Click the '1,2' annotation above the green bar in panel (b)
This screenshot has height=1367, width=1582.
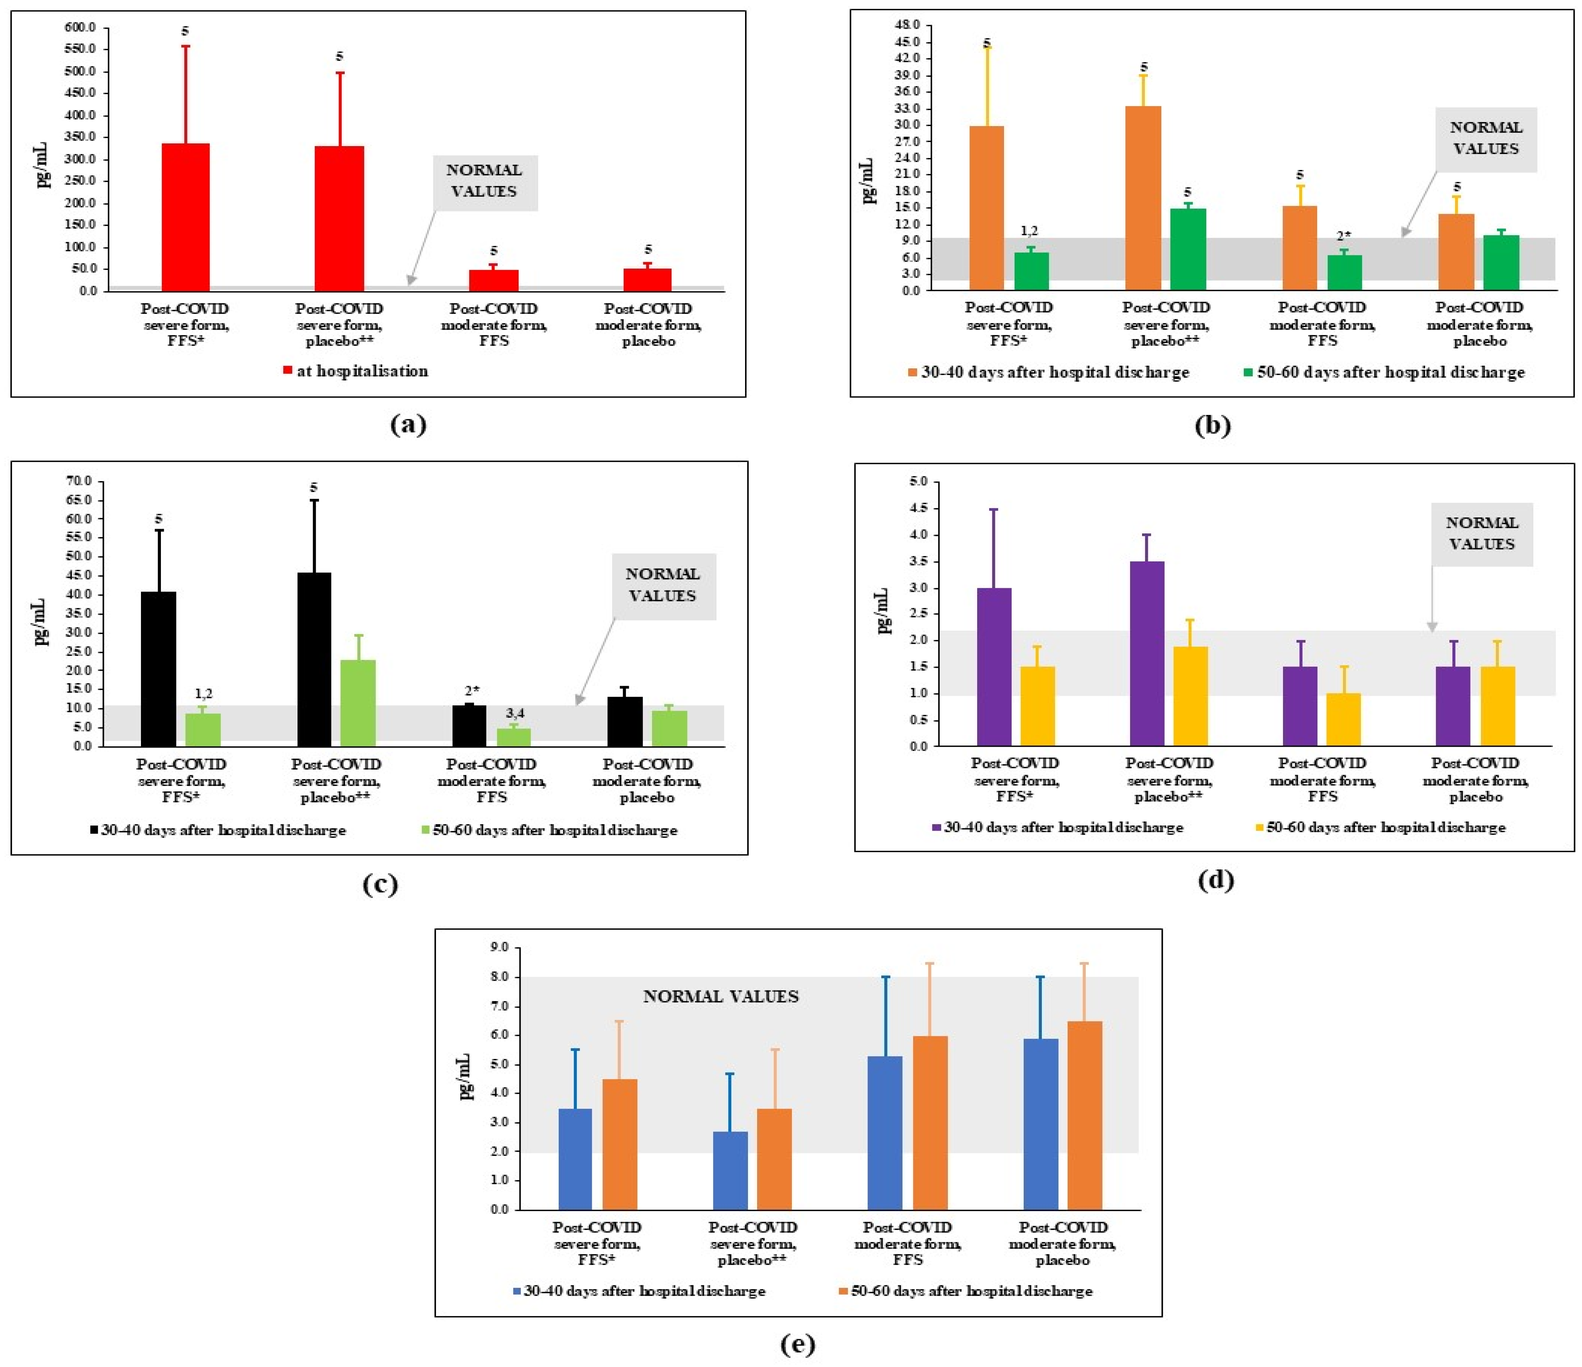1030,231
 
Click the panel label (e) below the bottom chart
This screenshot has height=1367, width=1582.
798,1343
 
